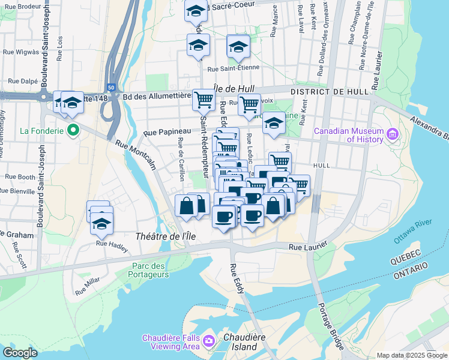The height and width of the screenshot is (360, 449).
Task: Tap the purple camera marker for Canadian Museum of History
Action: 393,133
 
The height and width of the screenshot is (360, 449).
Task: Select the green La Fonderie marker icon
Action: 74,130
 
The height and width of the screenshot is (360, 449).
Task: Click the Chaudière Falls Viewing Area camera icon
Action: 209,341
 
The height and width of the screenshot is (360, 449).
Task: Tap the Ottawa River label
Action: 412,231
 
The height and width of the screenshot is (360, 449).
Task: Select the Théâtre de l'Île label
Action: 166,236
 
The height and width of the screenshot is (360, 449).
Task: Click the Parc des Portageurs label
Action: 149,270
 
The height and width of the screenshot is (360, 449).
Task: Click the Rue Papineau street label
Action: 167,131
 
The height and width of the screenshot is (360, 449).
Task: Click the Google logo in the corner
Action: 20,353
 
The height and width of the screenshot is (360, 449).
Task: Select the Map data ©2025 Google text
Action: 411,355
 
